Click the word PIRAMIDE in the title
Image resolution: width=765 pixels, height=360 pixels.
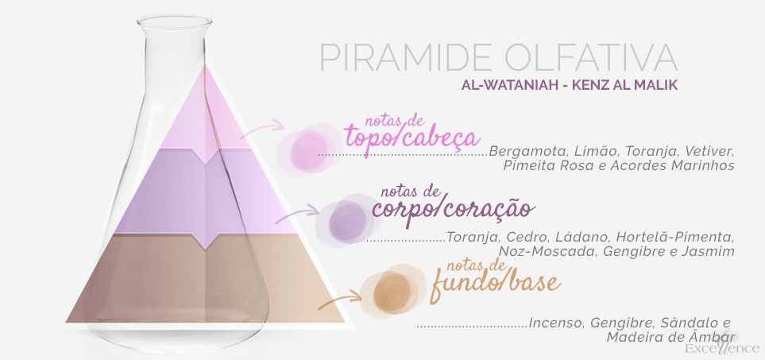coord(407,57)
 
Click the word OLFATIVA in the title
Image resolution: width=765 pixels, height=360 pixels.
coord(591,57)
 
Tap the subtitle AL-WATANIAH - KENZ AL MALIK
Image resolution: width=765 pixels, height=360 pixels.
coord(570,85)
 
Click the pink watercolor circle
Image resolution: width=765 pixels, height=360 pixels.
coord(309,149)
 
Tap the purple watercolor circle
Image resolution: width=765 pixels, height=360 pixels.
coord(347,221)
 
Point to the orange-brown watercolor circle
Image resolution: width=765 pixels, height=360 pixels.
coord(392,291)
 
